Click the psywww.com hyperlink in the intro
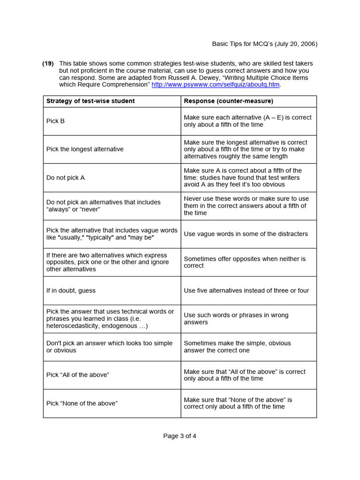click(215, 84)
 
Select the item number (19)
click(48, 63)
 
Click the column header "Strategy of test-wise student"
click(90, 101)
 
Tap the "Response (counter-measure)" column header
click(228, 101)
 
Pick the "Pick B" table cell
click(55, 121)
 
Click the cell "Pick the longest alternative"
click(85, 149)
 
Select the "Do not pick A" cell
click(65, 178)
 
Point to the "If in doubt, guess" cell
click(71, 291)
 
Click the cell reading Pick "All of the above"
click(77, 375)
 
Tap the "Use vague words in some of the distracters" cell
click(246, 234)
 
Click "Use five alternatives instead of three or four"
click(246, 291)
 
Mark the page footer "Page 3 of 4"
click(180, 436)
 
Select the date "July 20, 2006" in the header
click(295, 44)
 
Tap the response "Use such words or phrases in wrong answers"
click(236, 319)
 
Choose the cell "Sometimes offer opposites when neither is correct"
click(244, 262)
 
